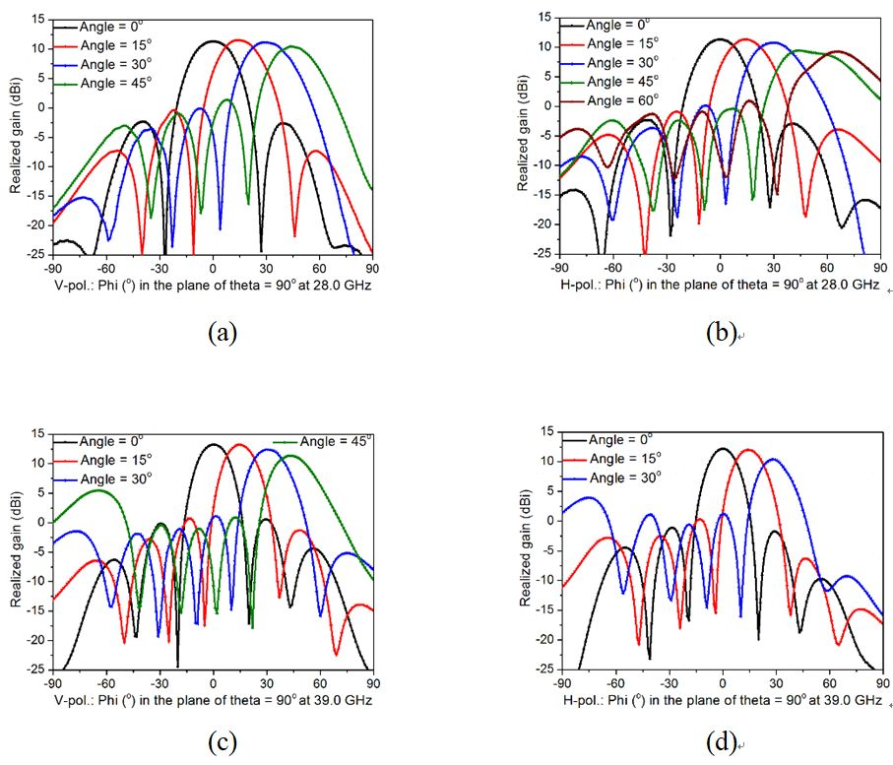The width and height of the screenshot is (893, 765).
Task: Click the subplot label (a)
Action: [x=222, y=333]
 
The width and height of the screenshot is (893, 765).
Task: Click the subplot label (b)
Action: [x=724, y=333]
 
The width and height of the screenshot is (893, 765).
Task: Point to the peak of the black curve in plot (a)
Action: [x=213, y=41]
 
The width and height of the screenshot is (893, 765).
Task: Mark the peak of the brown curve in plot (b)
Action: [x=837, y=51]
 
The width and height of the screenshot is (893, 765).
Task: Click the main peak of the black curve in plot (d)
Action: [x=723, y=449]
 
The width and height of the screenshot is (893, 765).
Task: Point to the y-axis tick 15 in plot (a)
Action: [x=36, y=19]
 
